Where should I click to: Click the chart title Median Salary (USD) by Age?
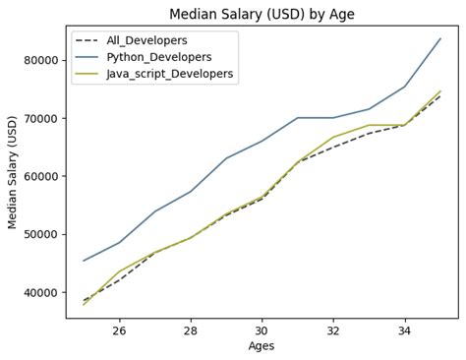[x=262, y=14]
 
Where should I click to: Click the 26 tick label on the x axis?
[x=119, y=330]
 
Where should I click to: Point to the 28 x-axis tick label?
[x=191, y=330]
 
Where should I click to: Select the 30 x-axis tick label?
[x=262, y=330]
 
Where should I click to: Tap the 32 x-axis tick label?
[x=333, y=330]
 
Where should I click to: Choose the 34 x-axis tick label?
[x=404, y=330]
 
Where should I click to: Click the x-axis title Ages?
[x=262, y=346]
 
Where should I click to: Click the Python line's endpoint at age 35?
[x=440, y=38]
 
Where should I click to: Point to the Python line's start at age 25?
[x=84, y=261]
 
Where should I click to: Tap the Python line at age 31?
[x=297, y=118]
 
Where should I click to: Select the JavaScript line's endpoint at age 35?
[x=440, y=90]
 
